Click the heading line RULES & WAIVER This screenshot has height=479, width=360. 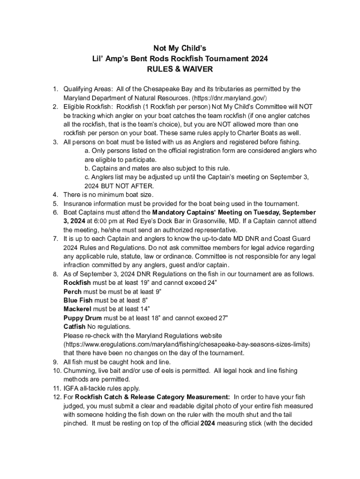(180, 69)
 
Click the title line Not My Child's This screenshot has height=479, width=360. (180, 49)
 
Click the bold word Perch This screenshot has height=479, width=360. (72, 291)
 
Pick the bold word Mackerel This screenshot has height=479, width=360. (78, 309)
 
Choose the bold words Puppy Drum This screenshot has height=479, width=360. (82, 318)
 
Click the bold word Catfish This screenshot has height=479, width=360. (75, 327)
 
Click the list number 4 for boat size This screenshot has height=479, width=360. (55, 194)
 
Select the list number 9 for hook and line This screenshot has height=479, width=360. (55, 362)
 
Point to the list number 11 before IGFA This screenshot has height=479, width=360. (54, 388)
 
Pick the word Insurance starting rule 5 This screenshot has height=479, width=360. (78, 203)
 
